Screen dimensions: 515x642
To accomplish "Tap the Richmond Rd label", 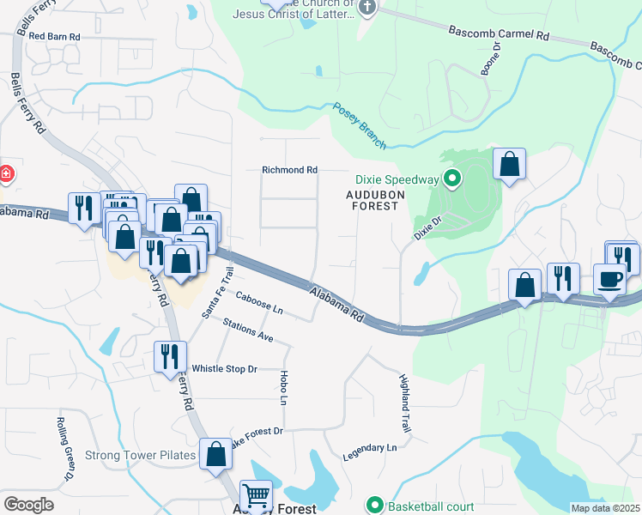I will (x=289, y=171).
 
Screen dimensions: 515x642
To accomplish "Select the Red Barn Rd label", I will (x=54, y=37).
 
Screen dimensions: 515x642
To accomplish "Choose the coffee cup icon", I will (x=609, y=280).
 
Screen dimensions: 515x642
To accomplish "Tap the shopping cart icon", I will (x=256, y=495).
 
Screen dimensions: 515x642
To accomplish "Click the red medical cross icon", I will (x=5, y=174).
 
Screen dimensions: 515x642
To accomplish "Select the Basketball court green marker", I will (x=374, y=505).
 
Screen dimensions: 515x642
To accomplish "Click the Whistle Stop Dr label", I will (x=224, y=368).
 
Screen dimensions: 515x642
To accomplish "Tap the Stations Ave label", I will (x=247, y=330).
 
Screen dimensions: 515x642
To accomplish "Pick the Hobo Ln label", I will (x=282, y=387).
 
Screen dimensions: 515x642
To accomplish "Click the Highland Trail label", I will (x=405, y=403).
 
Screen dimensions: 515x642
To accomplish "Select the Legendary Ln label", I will (x=370, y=449).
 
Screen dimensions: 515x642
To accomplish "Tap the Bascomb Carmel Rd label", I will (x=498, y=34).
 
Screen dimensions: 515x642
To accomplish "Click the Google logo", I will (x=28, y=505).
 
